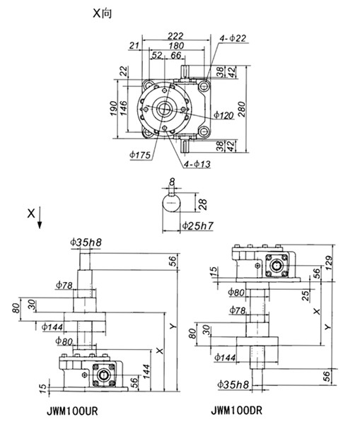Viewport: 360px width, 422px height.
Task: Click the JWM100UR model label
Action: (x=72, y=411)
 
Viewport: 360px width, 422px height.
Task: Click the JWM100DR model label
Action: (x=236, y=411)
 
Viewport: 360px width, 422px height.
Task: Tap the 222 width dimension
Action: (x=175, y=36)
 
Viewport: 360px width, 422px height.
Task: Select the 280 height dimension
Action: (x=242, y=110)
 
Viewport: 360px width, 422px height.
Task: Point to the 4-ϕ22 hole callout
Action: (x=233, y=38)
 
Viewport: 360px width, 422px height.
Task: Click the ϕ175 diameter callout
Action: (x=140, y=155)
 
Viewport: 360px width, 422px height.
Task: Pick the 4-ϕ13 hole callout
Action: (x=197, y=164)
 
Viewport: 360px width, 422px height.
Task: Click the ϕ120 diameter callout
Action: (x=223, y=115)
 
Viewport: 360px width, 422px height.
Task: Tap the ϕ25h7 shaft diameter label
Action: (x=198, y=225)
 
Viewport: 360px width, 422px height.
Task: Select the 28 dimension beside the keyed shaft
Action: (x=203, y=204)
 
